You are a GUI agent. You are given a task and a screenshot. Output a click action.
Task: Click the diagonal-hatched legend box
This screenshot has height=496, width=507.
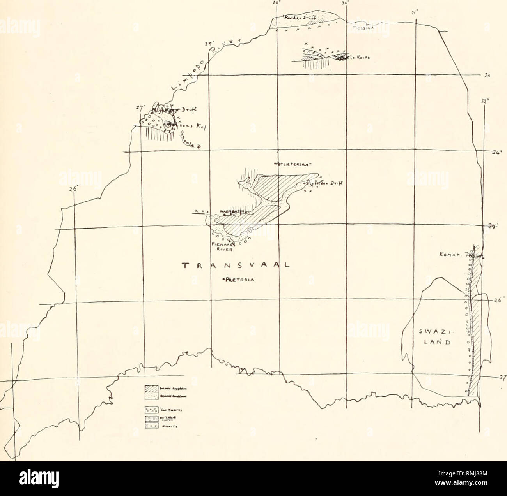(151, 388)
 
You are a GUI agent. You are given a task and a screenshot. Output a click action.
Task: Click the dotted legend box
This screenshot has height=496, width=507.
(151, 396)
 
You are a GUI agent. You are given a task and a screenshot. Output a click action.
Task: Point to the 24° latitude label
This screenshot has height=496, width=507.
(495, 152)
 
